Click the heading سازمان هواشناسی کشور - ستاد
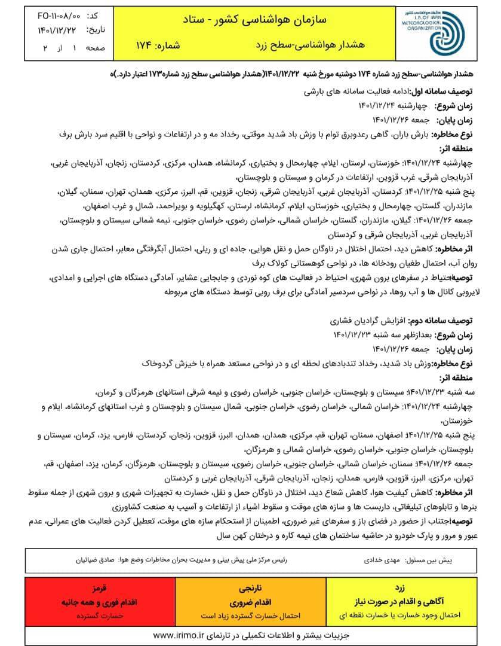(x=258, y=19)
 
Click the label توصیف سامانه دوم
(x=439, y=321)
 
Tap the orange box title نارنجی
(x=250, y=588)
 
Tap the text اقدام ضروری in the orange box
(x=250, y=601)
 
